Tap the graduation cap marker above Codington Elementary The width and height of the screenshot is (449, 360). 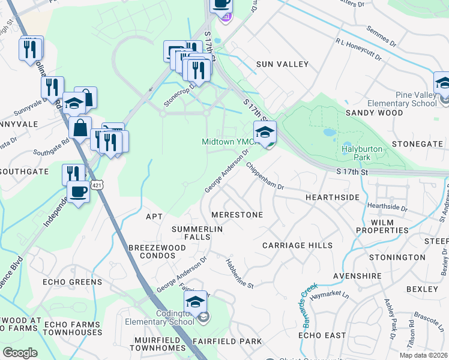[x=196, y=302]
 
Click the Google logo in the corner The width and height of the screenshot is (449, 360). [x=20, y=353]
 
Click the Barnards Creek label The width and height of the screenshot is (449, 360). [x=309, y=305]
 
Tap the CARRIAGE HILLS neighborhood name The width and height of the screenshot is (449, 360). [x=297, y=245]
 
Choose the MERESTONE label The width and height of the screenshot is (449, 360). [x=237, y=215]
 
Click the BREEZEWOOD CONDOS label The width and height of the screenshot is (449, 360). [x=152, y=251]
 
